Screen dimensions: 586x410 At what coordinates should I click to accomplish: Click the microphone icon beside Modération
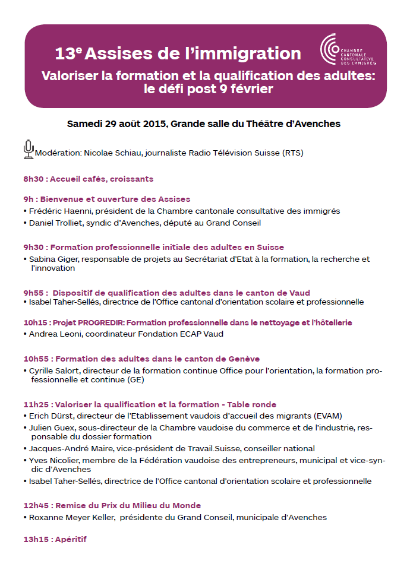pos(28,149)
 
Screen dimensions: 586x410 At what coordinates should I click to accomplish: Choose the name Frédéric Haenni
pos(58,211)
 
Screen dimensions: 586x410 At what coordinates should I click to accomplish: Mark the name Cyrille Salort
pos(53,370)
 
